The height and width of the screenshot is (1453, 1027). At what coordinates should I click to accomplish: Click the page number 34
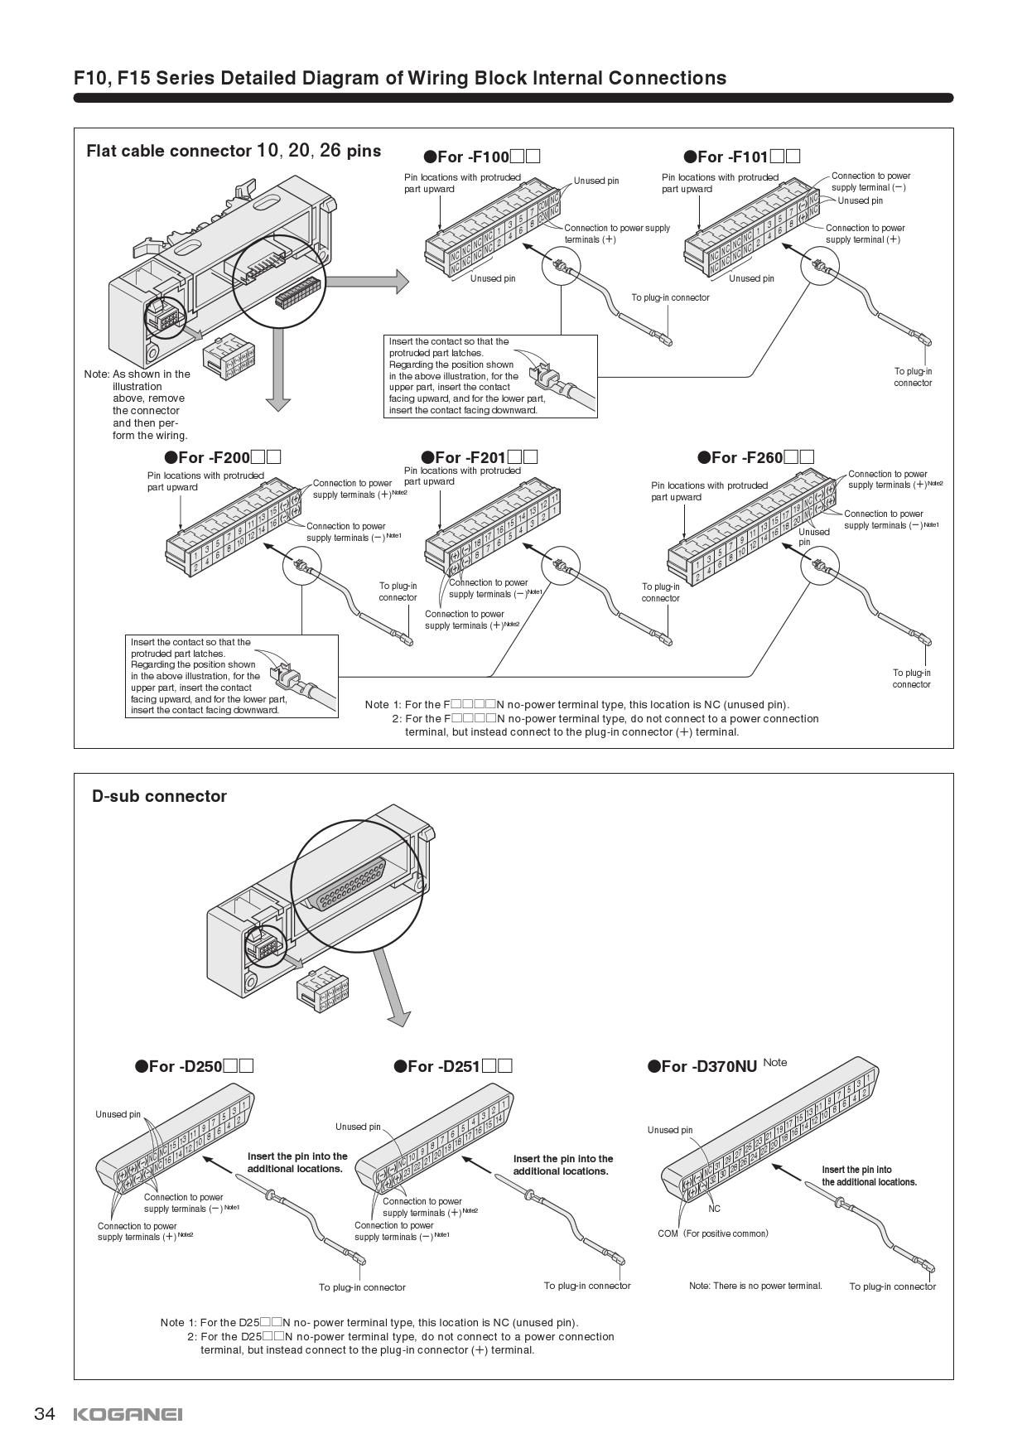click(44, 1413)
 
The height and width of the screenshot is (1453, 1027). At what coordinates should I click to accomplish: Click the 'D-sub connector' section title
click(159, 796)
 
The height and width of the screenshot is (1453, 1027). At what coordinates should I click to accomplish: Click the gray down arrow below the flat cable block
click(278, 369)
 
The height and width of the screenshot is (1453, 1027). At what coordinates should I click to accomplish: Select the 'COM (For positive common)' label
click(712, 1233)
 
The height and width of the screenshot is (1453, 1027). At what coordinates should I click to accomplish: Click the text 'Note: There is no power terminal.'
click(755, 1286)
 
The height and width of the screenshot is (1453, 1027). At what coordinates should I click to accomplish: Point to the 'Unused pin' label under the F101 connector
click(751, 278)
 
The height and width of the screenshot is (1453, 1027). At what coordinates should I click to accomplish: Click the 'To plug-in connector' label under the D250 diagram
click(362, 1287)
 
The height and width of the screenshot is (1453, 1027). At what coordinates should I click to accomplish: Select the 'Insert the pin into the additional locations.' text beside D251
click(562, 1165)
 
